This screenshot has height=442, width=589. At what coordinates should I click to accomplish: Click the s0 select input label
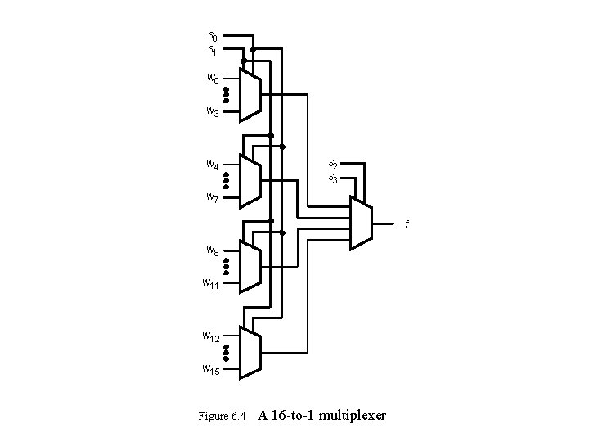212,37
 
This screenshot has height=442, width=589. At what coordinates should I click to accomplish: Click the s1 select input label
212,50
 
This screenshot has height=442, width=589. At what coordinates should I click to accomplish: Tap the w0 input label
212,79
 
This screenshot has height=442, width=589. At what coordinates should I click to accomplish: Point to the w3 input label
212,110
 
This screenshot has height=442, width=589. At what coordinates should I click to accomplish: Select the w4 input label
212,165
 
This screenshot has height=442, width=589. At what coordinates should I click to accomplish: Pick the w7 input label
212,196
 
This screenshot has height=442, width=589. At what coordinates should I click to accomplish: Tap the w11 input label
211,283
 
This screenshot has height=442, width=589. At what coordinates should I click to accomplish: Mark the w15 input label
211,368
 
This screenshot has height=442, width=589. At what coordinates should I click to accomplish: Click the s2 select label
334,164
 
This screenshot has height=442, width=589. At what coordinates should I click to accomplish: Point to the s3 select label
334,177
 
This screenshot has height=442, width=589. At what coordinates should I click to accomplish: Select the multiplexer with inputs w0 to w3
251,95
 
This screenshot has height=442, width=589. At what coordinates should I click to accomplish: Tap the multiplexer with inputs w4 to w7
251,181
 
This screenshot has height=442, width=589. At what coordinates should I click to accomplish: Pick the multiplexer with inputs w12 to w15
251,353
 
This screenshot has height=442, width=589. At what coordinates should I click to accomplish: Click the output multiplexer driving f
360,223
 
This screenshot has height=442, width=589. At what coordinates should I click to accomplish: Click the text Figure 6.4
222,417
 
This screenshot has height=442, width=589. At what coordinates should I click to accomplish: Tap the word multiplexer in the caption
353,416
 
